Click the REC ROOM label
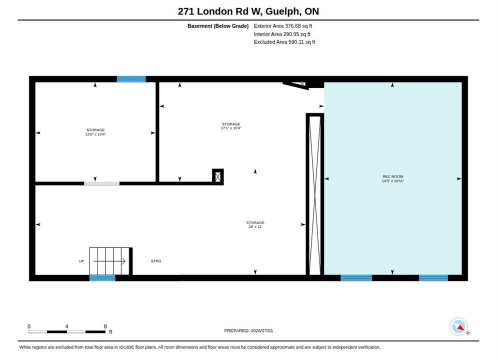(x=392, y=176)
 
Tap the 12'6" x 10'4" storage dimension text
(x=95, y=134)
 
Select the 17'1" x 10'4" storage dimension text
(x=231, y=128)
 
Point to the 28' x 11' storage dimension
(x=255, y=226)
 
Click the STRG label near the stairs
(x=156, y=261)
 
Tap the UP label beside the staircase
(x=81, y=261)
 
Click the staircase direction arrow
(x=109, y=261)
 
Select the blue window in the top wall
(x=131, y=79)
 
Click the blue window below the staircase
(x=102, y=278)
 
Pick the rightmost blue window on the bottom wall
(x=433, y=278)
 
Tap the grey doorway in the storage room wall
(x=101, y=183)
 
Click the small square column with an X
(x=218, y=176)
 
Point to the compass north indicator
(x=458, y=326)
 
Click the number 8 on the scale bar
(x=105, y=326)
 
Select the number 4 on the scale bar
(x=66, y=326)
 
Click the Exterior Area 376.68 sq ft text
(x=282, y=26)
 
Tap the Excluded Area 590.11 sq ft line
(x=284, y=42)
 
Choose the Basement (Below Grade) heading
(x=218, y=26)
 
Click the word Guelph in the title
(x=282, y=11)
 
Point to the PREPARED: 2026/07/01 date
(x=248, y=330)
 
